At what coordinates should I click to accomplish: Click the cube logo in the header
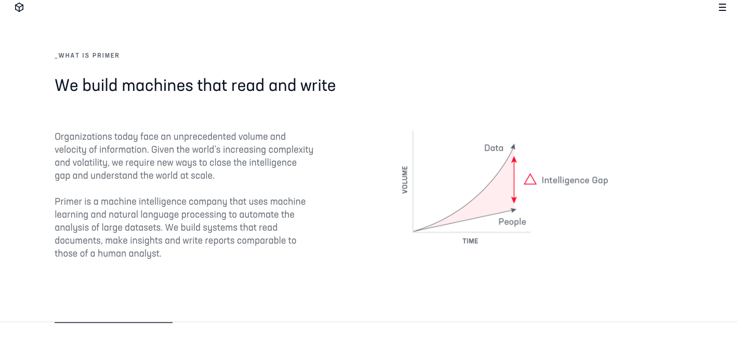coord(19,7)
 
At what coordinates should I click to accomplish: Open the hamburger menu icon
coord(722,7)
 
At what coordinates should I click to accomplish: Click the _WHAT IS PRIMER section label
coord(87,56)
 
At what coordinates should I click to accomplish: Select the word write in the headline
coord(318,86)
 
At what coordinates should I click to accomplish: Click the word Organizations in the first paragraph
coord(83,137)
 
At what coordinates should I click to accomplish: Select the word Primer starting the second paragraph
coord(68,202)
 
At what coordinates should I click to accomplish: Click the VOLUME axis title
coord(405,180)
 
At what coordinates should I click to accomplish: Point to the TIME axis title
coord(470,242)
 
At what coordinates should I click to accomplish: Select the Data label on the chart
coord(494,148)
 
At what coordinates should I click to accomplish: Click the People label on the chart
coord(512,222)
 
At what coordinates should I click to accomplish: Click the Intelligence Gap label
coord(575,180)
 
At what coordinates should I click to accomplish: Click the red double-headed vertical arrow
coord(514,180)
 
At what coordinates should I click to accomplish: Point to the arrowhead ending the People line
coord(514,210)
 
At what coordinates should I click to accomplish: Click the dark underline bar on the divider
coord(113,322)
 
